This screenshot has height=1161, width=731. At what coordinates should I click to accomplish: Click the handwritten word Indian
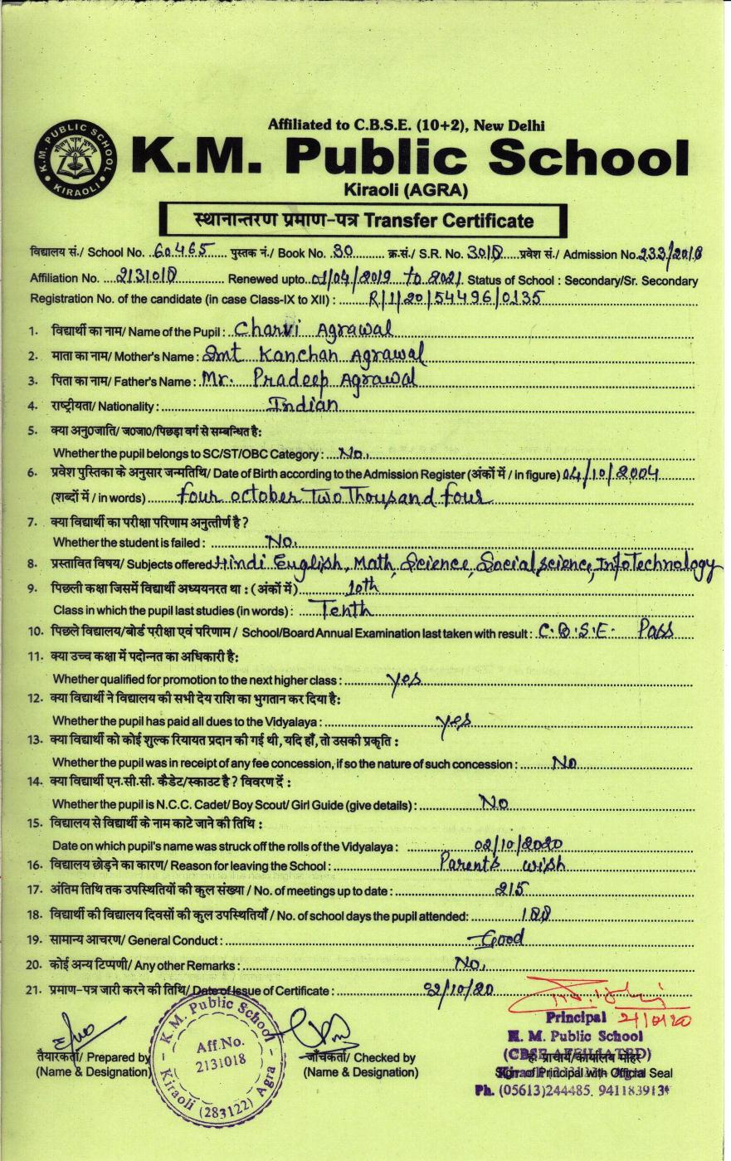[305, 405]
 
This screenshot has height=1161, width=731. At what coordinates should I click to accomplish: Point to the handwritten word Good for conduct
[501, 939]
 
